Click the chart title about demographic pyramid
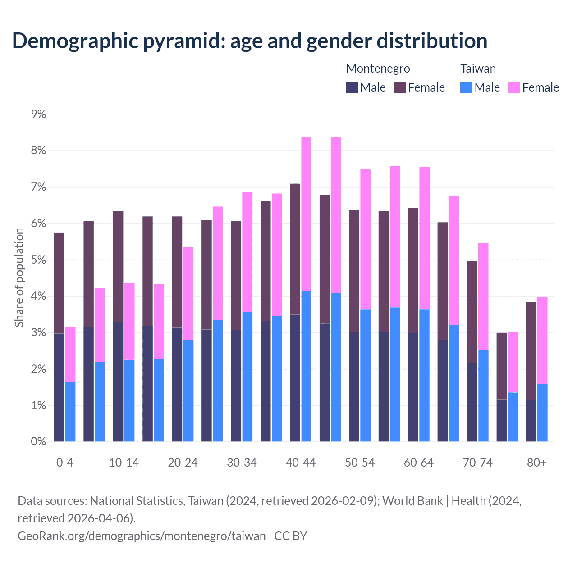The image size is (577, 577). (250, 41)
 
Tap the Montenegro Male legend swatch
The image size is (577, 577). (352, 87)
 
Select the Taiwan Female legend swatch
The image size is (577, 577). (514, 87)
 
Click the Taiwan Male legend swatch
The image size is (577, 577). (466, 87)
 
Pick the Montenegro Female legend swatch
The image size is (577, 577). (400, 87)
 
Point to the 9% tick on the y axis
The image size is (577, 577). (39, 114)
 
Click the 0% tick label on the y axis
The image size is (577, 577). (39, 442)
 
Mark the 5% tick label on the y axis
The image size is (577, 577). (39, 260)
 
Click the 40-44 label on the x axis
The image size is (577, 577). (301, 463)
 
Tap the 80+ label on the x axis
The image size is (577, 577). (536, 463)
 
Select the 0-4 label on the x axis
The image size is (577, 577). (65, 463)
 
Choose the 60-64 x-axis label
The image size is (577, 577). (419, 463)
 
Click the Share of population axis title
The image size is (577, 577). (19, 278)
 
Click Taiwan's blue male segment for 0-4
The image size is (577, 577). (70, 412)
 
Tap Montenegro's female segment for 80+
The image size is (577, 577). (531, 351)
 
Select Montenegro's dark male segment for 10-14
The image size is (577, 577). (118, 382)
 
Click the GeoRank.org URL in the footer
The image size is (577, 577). (142, 536)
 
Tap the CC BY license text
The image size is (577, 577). (291, 536)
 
